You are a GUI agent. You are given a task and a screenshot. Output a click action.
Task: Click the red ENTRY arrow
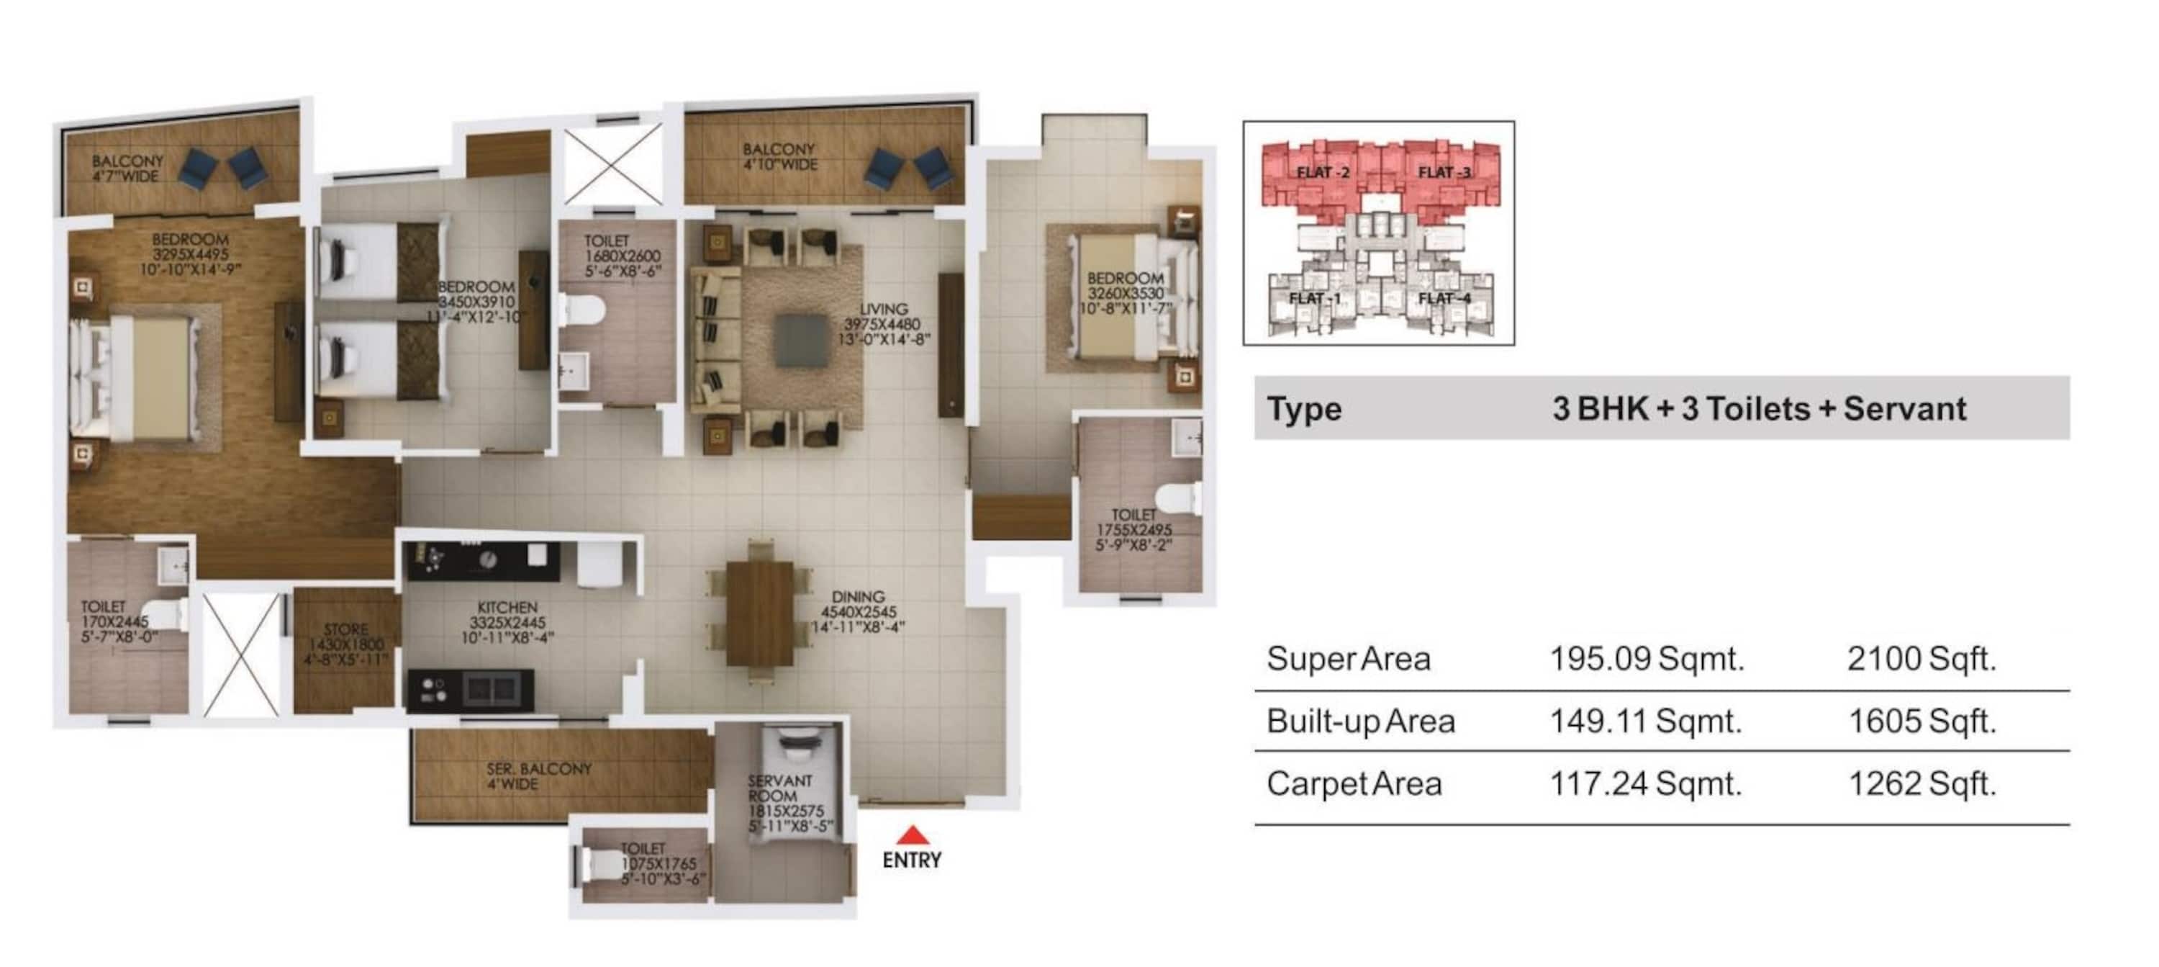point(912,835)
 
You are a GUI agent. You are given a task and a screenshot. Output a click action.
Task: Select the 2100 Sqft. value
point(1921,660)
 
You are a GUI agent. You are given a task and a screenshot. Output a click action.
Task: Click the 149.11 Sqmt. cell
point(1645,721)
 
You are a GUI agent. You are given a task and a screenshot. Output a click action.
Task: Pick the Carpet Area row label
point(1354,784)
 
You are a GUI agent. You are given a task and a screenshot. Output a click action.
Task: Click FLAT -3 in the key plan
point(1443,173)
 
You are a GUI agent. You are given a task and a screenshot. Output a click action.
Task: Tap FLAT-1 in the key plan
point(1314,299)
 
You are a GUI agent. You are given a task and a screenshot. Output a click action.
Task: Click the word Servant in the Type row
point(1904,409)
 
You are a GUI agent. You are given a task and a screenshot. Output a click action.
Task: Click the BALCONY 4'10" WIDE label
point(779,157)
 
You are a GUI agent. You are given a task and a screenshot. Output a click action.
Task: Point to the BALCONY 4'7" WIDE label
point(127,168)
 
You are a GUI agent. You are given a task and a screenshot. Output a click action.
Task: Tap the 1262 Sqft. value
point(1921,784)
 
